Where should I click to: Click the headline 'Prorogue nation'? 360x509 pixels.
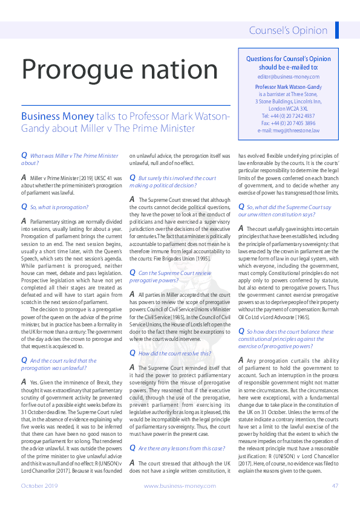(120, 70)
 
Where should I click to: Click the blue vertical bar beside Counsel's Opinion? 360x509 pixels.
(336, 30)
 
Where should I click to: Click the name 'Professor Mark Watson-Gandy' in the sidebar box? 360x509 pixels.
(287, 87)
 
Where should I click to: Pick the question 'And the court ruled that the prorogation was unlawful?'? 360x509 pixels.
(61, 364)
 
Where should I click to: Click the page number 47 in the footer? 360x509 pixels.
(335, 485)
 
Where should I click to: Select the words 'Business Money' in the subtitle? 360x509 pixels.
(57, 116)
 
